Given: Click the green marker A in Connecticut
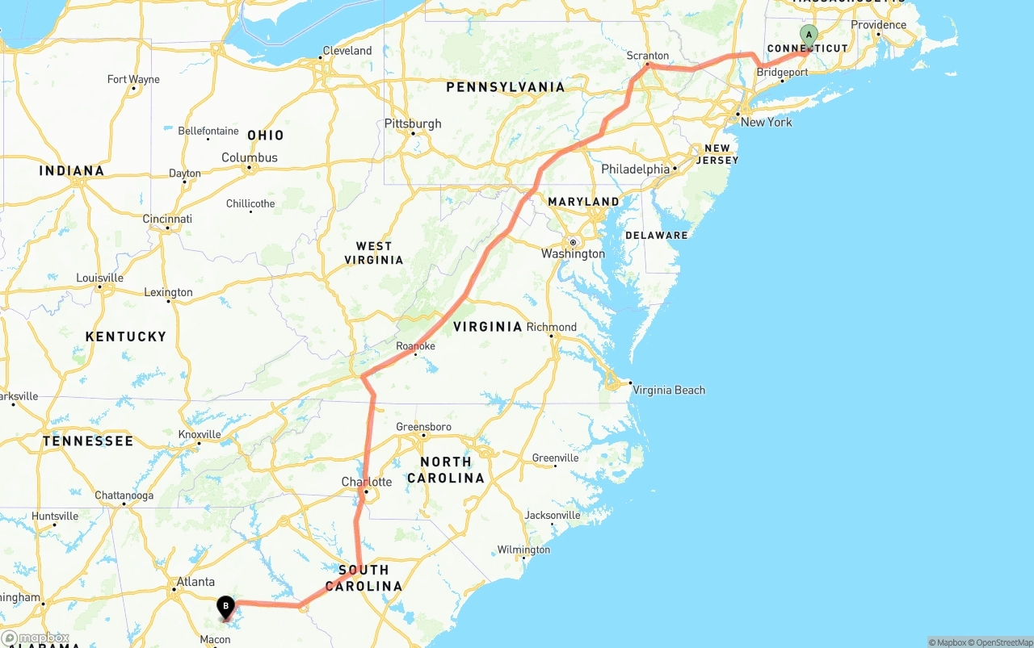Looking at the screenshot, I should coord(809,36).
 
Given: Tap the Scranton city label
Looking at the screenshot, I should coord(648,56).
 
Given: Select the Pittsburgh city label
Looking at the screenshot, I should coord(413,123).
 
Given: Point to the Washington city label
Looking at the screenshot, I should coord(573,253).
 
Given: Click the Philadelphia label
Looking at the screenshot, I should coord(635,169).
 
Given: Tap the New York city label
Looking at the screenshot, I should coord(766,122).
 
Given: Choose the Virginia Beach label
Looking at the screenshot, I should coord(669,390).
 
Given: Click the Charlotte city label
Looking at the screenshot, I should coord(366,482).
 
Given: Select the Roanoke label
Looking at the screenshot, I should coord(415,346).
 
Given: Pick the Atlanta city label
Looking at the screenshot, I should coord(195,581).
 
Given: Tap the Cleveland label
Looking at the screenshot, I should coord(347,51).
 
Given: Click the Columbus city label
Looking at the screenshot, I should coord(250,157).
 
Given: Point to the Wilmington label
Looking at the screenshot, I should coord(523,550).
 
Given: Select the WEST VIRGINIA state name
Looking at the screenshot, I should coord(373,253).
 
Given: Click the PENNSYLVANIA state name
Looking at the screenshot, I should coord(505,86).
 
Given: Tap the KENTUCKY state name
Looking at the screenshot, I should coord(126,337).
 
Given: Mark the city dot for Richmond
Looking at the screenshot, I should coord(552,336).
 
